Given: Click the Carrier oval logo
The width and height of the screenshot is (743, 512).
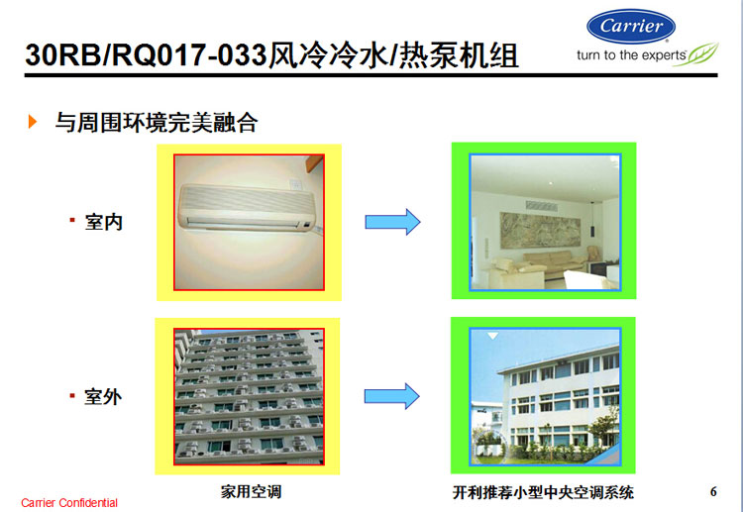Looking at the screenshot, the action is point(631,26).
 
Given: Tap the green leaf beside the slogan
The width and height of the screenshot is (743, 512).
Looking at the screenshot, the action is point(697,54).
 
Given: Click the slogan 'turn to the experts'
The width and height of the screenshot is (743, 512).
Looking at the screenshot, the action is point(631,55).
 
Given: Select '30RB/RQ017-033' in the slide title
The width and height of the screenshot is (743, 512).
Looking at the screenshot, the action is point(146,55).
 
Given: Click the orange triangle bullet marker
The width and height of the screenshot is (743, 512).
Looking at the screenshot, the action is point(33,121).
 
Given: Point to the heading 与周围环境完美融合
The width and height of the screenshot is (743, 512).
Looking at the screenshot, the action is point(157,122).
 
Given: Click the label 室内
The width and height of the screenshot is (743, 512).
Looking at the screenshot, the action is point(104,222).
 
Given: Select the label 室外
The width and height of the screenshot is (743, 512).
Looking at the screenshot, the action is point(103,396).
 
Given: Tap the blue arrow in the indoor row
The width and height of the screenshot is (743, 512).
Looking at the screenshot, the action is point(392,222).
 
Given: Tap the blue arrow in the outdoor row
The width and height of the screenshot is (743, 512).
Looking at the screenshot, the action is point(392,396).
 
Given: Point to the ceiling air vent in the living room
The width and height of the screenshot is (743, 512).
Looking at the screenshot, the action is point(541,206).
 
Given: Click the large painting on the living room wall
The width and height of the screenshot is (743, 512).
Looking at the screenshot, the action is point(540,231).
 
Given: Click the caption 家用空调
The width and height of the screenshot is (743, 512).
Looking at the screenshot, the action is point(251,491).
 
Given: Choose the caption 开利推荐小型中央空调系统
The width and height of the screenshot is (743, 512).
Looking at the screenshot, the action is point(543,492).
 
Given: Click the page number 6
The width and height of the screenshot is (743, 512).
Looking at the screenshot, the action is point(713,491).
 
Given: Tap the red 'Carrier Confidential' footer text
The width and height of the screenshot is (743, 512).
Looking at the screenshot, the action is point(69,503).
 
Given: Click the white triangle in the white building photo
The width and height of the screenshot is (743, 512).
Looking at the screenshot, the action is point(492,336).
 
